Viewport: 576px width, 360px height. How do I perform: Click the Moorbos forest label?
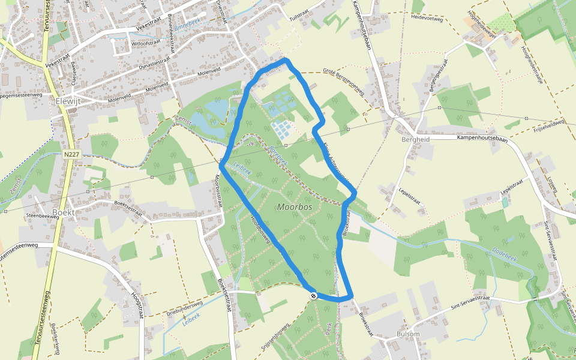296,207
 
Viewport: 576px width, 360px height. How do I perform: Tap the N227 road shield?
71,154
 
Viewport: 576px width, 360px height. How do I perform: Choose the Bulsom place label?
408,334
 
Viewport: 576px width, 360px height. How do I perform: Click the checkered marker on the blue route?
313,296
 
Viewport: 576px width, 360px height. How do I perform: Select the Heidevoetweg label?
427,19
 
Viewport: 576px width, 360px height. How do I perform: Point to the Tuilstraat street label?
302,19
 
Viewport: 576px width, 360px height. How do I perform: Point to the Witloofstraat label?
145,43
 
